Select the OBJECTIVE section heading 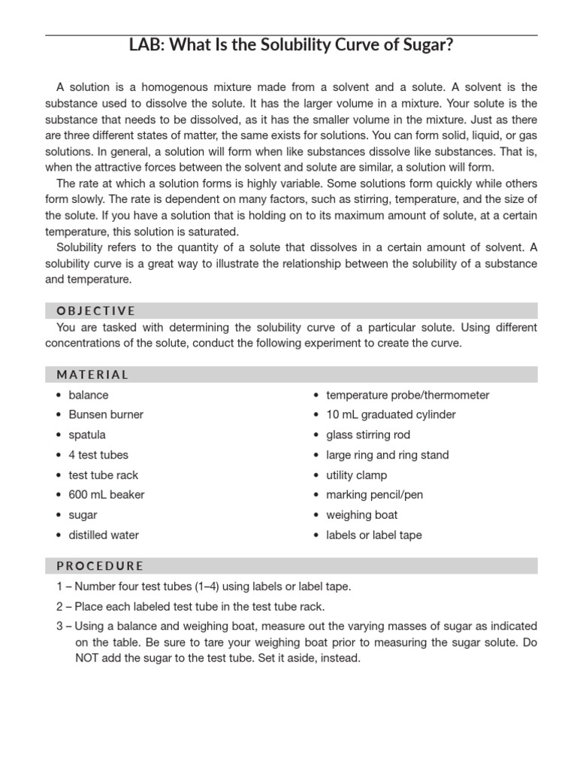(x=95, y=311)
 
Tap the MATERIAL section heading (x=92, y=374)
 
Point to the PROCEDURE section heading (x=99, y=565)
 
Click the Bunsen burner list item (x=106, y=414)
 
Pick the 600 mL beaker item (x=107, y=495)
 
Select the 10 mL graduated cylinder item (x=391, y=414)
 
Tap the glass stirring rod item (x=368, y=435)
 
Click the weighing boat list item (x=362, y=515)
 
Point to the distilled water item (x=104, y=535)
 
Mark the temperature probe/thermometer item (x=407, y=395)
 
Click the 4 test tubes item (x=98, y=455)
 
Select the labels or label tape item (x=374, y=535)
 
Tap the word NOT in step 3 (x=89, y=657)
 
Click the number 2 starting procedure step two (x=59, y=606)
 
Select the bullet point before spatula (x=59, y=435)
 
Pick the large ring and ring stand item (x=388, y=455)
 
